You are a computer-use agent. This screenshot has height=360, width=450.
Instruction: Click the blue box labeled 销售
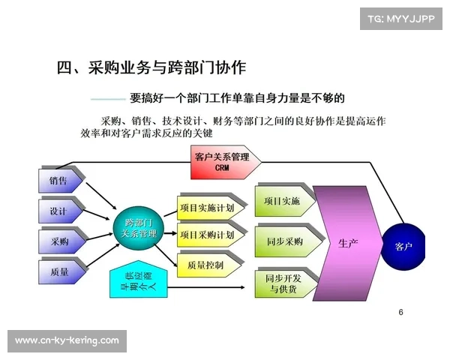coord(58,181)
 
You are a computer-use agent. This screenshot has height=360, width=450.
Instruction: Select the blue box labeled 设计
coord(58,211)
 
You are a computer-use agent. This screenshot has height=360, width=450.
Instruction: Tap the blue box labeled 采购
coord(58,241)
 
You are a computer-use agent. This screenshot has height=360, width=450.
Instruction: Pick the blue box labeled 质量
coord(58,271)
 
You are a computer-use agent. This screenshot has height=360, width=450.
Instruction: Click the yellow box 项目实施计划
coord(210,207)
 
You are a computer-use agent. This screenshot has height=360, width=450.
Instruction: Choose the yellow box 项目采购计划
coord(210,235)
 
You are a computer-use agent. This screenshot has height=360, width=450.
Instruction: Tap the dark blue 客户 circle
coord(403,246)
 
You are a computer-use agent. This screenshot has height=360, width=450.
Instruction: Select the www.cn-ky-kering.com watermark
coord(67,340)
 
